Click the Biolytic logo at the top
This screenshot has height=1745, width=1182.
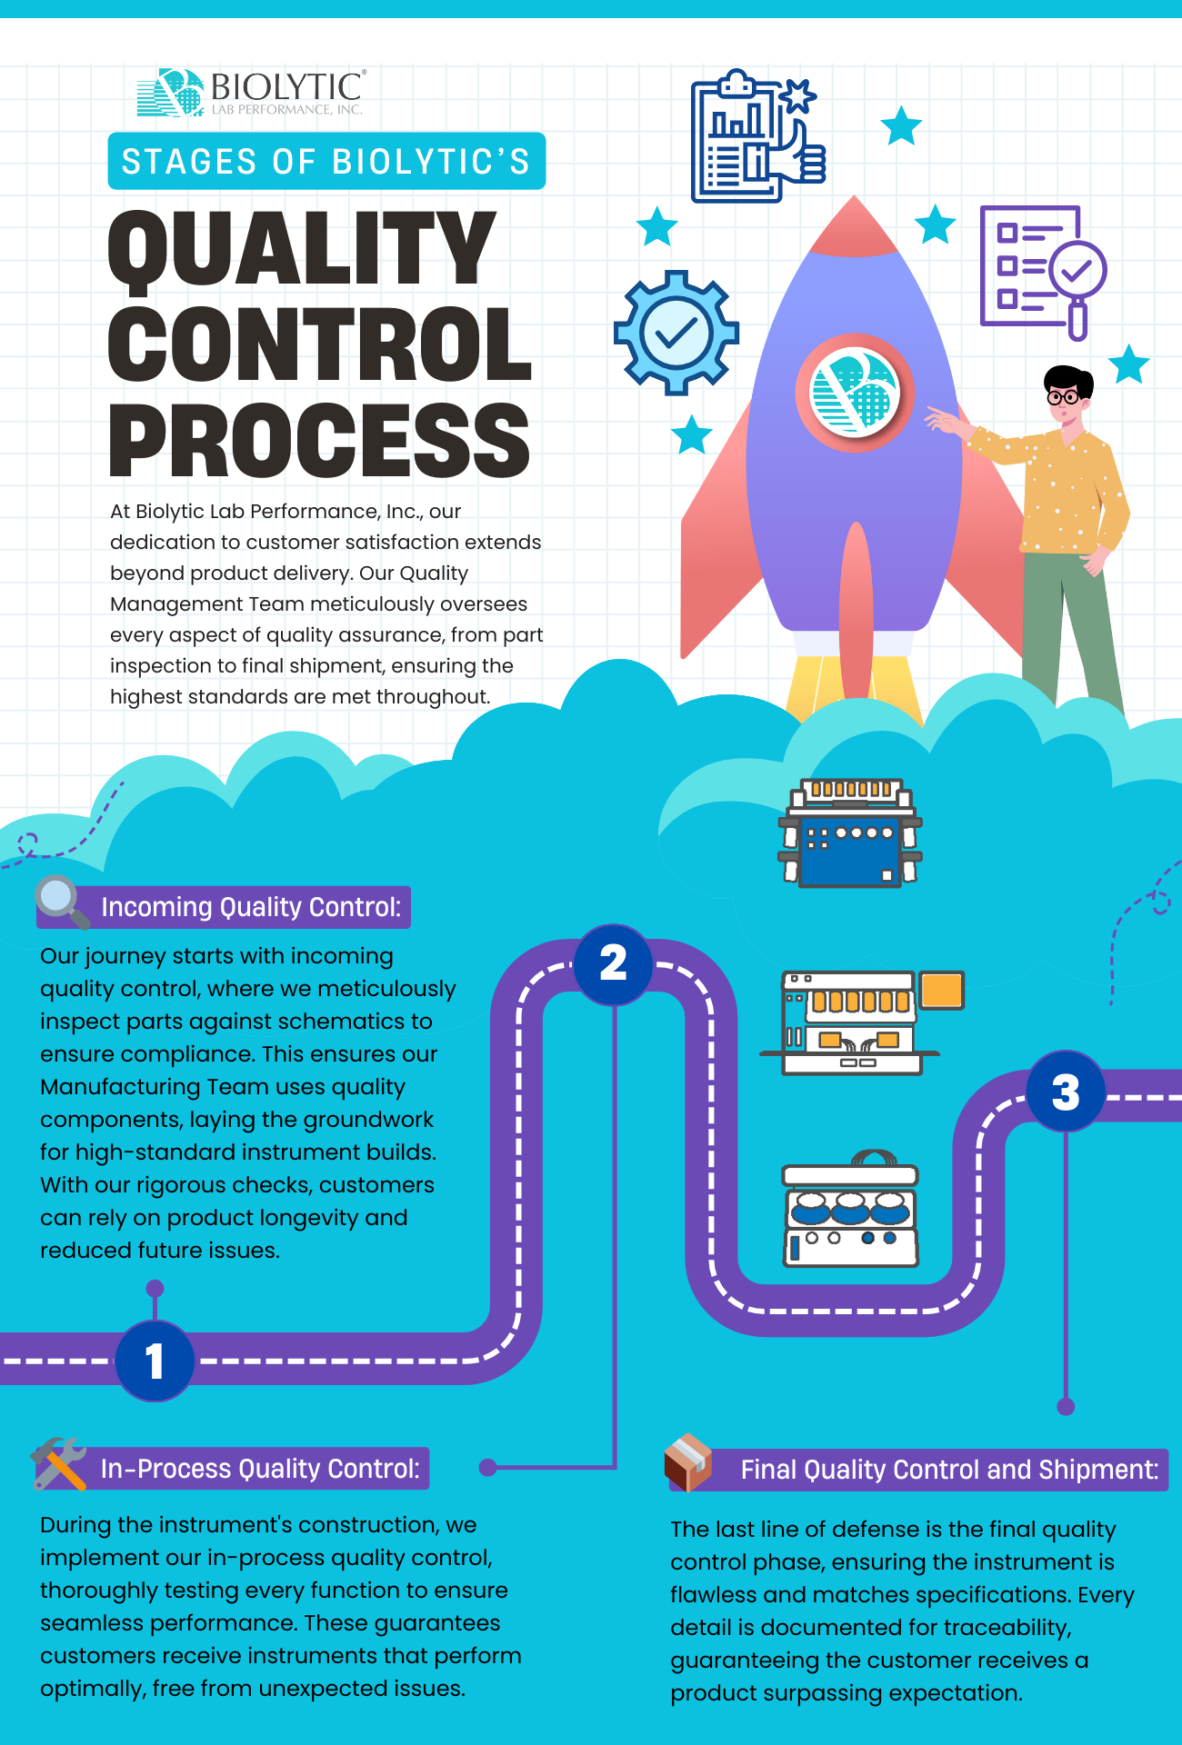(x=251, y=93)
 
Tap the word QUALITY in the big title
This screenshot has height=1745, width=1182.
(x=302, y=248)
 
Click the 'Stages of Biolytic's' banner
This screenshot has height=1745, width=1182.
(x=326, y=162)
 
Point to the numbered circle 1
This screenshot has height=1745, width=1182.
(x=155, y=1361)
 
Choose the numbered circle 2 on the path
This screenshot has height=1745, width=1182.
(x=614, y=963)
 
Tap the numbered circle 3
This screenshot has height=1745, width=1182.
(x=1066, y=1092)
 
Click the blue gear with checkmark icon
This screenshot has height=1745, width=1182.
(x=676, y=333)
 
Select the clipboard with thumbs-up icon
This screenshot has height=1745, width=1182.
(x=755, y=136)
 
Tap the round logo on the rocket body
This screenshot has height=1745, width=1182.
(x=854, y=393)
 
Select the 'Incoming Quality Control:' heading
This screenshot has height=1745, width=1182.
(x=250, y=907)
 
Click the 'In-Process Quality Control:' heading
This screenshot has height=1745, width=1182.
(x=260, y=1469)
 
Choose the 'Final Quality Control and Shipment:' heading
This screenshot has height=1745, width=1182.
(x=948, y=1470)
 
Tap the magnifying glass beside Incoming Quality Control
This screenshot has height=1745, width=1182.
(x=61, y=901)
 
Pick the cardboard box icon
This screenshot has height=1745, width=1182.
(x=688, y=1462)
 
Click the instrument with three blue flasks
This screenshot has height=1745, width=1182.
(x=850, y=1213)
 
